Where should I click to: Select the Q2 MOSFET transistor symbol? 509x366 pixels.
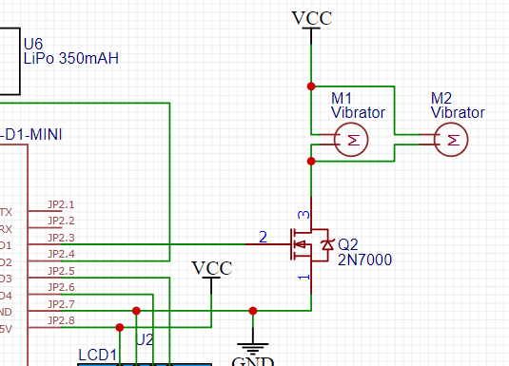pos(312,245)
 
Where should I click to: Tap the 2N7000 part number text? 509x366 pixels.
pos(364,260)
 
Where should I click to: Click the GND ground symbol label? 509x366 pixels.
pos(253,361)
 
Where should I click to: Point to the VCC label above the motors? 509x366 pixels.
pos(311,18)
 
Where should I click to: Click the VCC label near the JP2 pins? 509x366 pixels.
pos(211,268)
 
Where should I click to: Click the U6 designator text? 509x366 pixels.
pos(33,44)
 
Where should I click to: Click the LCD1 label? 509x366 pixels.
pos(96,356)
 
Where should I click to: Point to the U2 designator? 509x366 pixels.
pos(144,339)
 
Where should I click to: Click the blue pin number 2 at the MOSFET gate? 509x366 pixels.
pos(264,236)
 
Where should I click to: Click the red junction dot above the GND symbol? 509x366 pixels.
pos(252,310)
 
